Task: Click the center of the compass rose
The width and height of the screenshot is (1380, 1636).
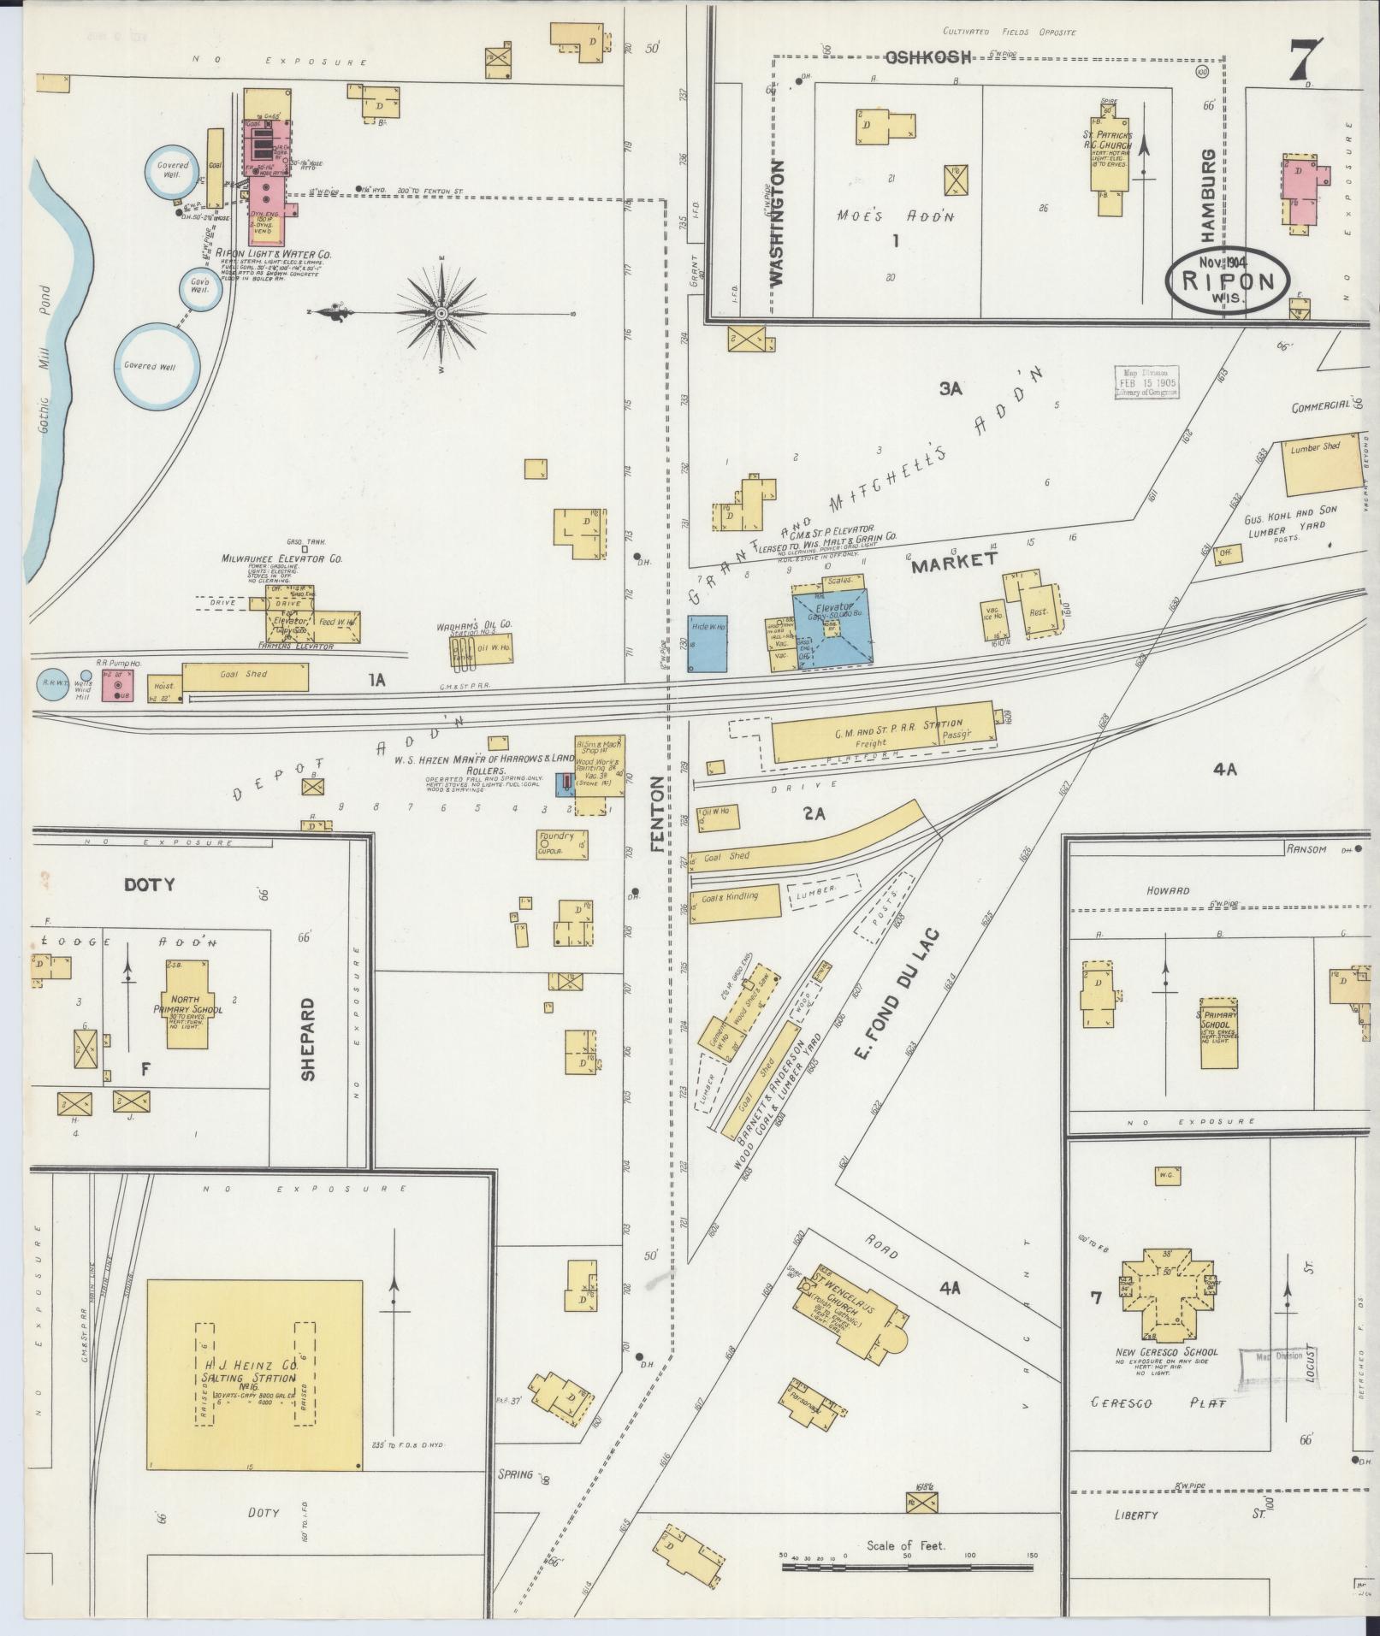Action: (x=441, y=315)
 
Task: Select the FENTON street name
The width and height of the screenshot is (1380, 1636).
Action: (x=656, y=813)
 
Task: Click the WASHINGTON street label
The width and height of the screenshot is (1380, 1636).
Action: (x=777, y=221)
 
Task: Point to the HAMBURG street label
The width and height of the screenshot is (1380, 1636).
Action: (x=1207, y=192)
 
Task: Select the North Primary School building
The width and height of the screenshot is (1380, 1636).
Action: (x=194, y=1004)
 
